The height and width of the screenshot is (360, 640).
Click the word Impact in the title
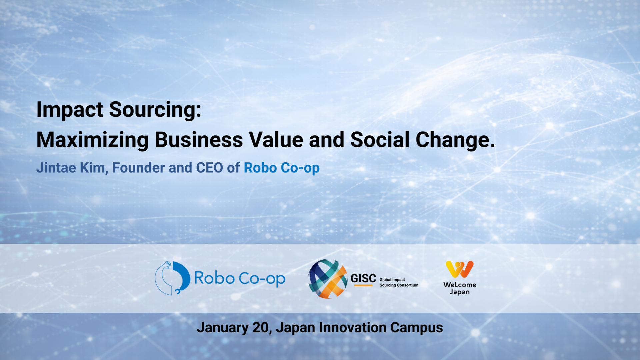tap(70, 110)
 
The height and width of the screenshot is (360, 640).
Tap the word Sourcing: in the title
tap(155, 110)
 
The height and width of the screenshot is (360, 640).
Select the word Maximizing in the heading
tap(92, 140)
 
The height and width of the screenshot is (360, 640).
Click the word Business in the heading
tap(199, 140)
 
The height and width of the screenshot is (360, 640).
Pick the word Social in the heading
tap(380, 140)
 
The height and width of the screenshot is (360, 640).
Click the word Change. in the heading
tap(455, 140)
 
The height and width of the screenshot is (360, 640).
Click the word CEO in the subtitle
tap(209, 168)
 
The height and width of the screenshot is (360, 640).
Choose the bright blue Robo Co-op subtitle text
tap(282, 168)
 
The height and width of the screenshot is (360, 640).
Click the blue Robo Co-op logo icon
tap(173, 278)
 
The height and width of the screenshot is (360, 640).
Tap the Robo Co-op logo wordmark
tap(240, 278)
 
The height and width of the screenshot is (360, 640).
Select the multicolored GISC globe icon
tap(328, 279)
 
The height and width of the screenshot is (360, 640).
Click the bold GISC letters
tap(363, 278)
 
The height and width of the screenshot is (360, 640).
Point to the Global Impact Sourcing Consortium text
tap(399, 282)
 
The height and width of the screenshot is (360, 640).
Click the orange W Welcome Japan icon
tap(460, 269)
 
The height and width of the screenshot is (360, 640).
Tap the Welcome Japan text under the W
tap(460, 288)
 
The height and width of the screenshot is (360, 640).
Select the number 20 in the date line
tap(260, 328)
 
